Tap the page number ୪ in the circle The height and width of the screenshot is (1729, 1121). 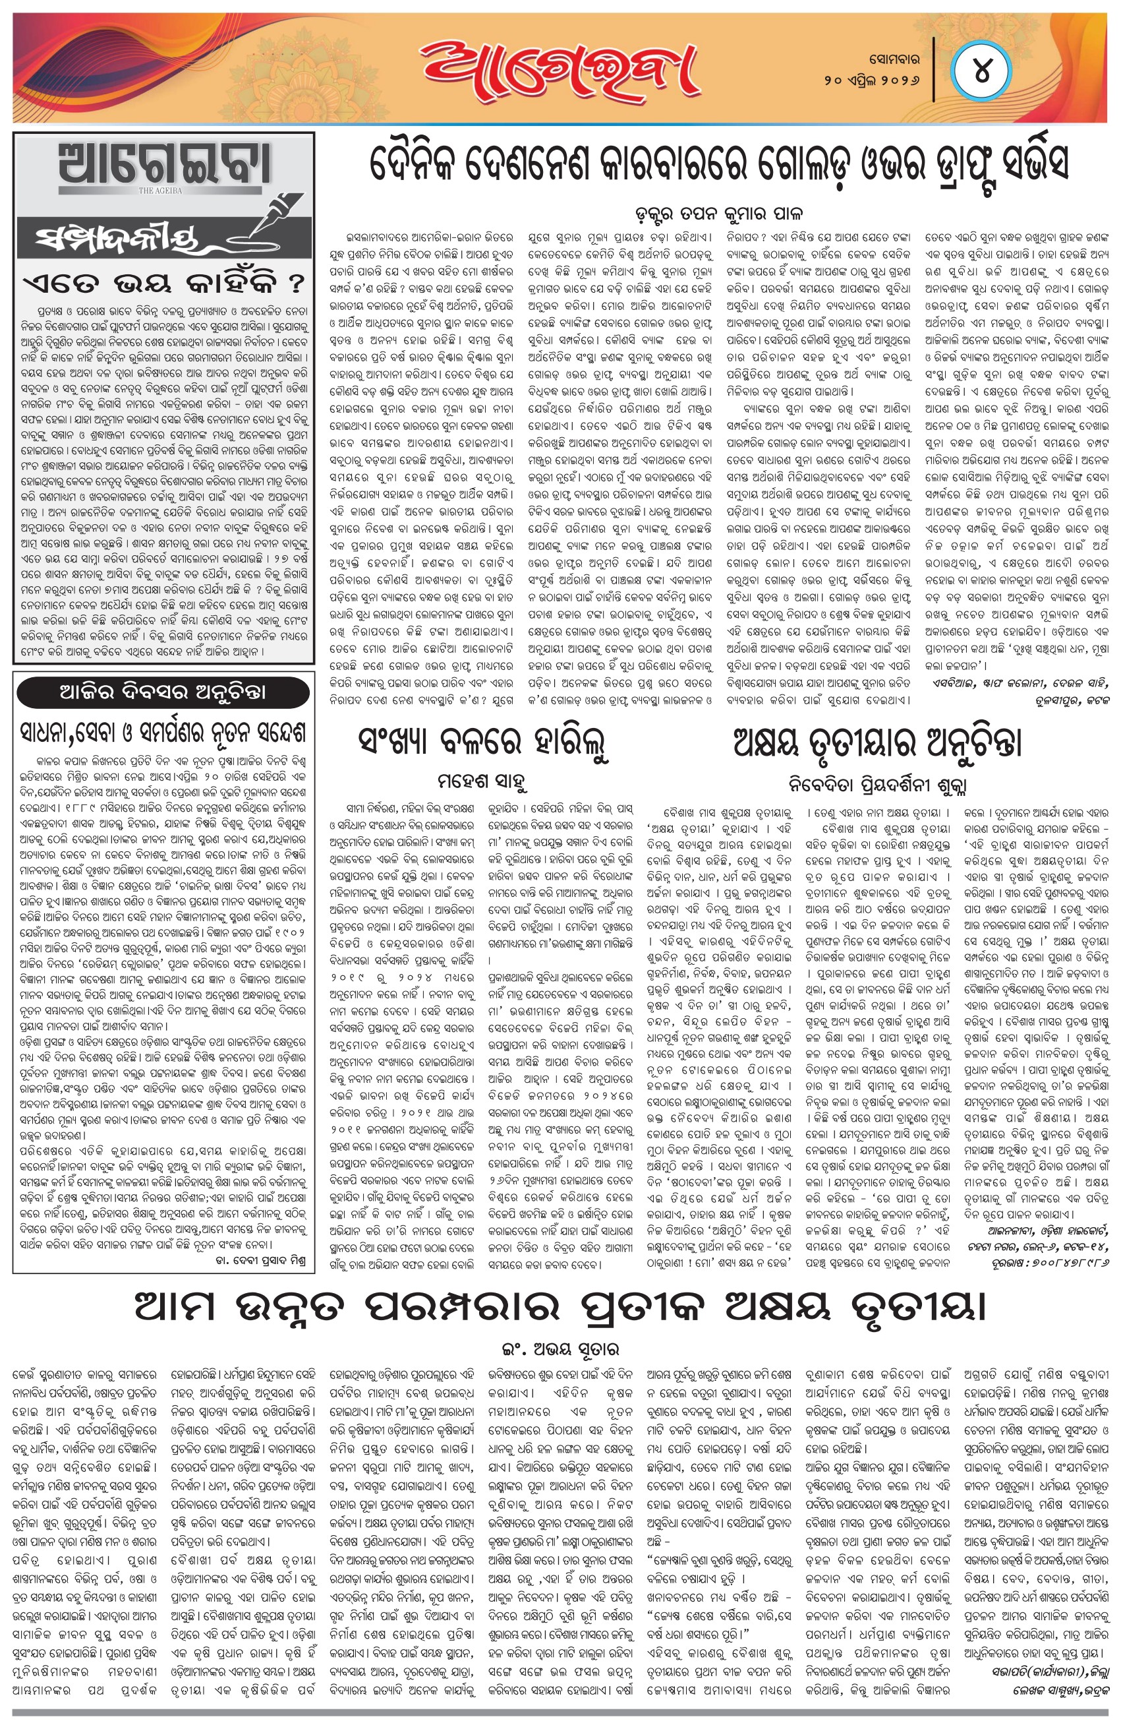click(x=981, y=73)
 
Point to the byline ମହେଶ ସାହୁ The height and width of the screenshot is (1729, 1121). click(x=482, y=781)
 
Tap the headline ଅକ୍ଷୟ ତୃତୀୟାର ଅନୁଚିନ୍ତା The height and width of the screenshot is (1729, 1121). click(x=877, y=742)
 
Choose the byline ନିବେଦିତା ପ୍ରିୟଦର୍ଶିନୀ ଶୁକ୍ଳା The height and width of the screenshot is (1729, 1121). click(x=877, y=783)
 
